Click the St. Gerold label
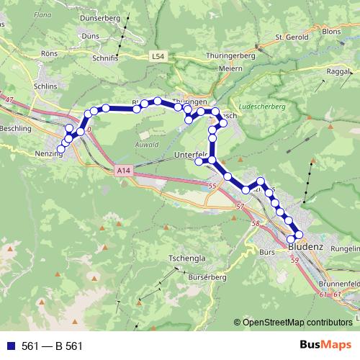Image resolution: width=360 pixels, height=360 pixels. [292, 37]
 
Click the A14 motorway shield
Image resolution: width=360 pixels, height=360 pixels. [122, 171]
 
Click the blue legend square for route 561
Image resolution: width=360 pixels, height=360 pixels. [10, 346]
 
